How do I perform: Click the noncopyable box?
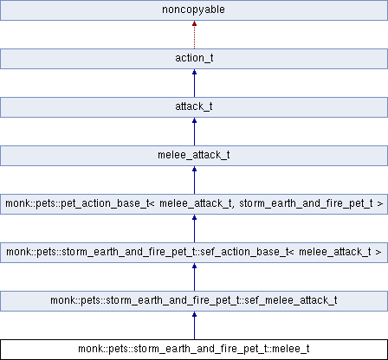(x=194, y=11)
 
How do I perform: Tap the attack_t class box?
(x=194, y=108)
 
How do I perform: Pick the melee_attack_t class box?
(x=194, y=157)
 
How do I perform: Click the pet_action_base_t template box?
(x=194, y=205)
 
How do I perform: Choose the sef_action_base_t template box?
(x=194, y=254)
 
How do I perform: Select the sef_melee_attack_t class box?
(x=194, y=302)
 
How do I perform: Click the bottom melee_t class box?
(x=194, y=350)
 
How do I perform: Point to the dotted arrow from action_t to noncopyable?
(x=194, y=35)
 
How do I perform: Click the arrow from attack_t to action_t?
(x=194, y=84)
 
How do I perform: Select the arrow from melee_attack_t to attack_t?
(x=194, y=132)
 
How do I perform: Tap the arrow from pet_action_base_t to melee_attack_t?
(x=194, y=181)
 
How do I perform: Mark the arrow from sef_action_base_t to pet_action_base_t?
(x=194, y=229)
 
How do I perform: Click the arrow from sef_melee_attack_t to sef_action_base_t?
(x=194, y=278)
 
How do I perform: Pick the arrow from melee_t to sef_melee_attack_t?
(x=194, y=326)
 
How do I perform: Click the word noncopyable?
(x=194, y=11)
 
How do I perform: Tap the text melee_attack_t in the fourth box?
(x=194, y=157)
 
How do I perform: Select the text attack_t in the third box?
(x=194, y=108)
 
